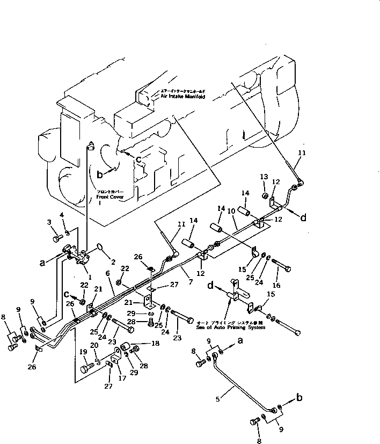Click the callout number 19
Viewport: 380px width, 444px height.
click(83, 353)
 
